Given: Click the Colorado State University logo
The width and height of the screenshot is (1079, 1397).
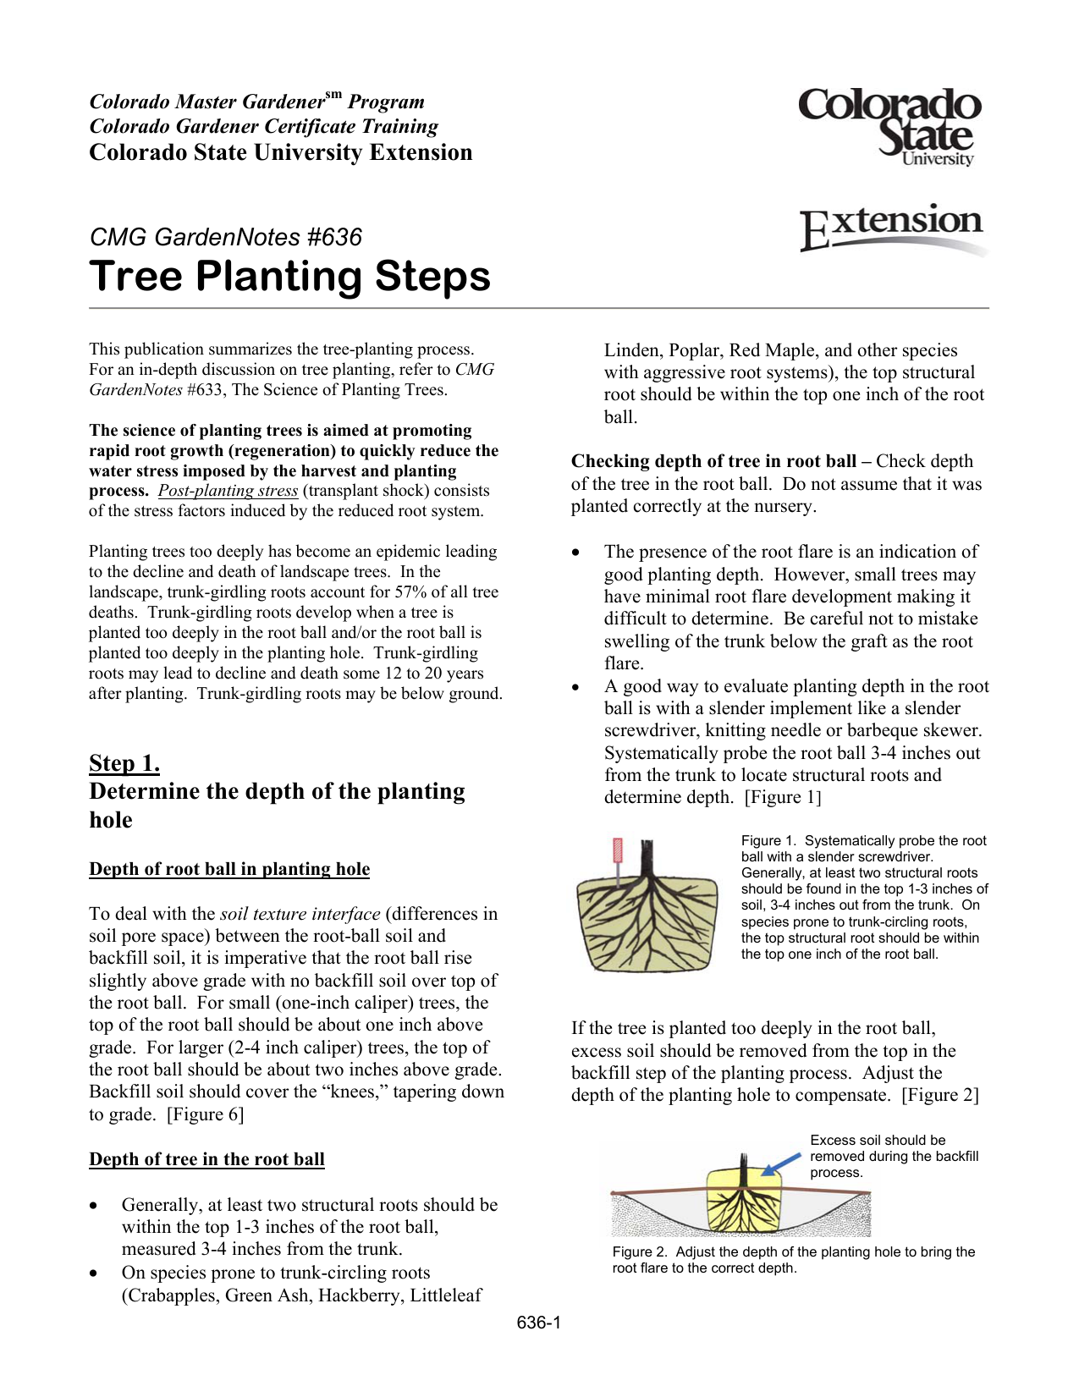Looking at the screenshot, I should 890,127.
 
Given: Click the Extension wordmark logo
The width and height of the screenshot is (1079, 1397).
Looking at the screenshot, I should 892,227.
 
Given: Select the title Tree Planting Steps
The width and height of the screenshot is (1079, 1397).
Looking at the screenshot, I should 289,276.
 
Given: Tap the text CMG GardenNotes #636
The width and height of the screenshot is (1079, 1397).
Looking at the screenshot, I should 225,237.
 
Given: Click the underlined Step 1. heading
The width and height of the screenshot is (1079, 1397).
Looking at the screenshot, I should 124,763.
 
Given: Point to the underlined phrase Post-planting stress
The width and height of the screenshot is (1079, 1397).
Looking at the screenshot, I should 228,491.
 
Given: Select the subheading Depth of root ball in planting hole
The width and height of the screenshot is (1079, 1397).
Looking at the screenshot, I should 229,869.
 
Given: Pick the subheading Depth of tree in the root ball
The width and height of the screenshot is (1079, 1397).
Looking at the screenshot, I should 206,1159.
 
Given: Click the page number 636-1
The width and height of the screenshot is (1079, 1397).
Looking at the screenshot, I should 539,1323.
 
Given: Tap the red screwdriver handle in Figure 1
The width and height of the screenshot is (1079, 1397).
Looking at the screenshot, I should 617,850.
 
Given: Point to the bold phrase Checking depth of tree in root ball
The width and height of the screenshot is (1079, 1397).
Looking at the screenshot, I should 713,461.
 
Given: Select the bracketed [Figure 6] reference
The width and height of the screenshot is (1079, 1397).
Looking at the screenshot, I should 206,1114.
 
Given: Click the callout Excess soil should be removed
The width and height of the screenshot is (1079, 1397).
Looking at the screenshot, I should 894,1156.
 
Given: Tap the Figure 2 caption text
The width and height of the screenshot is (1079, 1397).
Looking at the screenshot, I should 793,1260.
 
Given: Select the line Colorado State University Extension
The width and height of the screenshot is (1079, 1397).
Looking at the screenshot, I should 281,152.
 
